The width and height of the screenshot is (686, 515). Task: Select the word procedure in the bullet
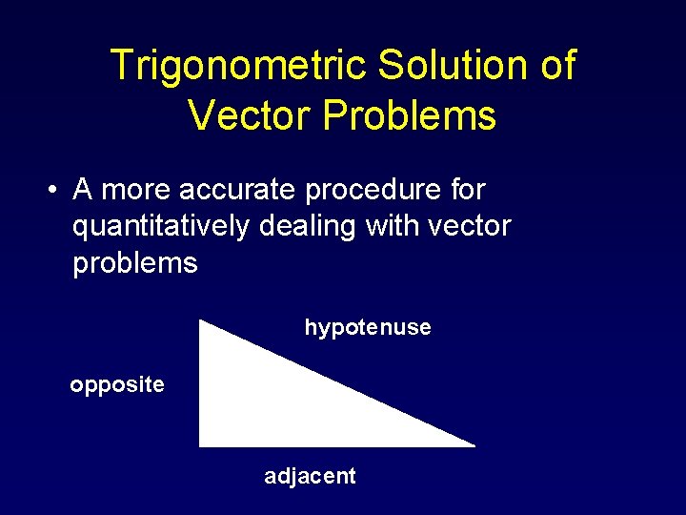[x=376, y=190]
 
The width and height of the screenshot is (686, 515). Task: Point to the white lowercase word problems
[x=135, y=262]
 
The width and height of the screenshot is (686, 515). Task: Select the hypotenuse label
[x=368, y=328]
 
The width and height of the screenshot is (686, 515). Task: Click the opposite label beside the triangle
[x=117, y=385]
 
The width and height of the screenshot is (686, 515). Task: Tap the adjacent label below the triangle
[x=310, y=476]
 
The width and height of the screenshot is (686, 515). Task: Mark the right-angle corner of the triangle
[x=201, y=443]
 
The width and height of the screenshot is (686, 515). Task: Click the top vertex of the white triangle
[x=200, y=321]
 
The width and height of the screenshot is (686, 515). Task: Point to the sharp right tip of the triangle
[x=473, y=444]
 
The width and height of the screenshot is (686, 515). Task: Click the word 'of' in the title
[x=556, y=66]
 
